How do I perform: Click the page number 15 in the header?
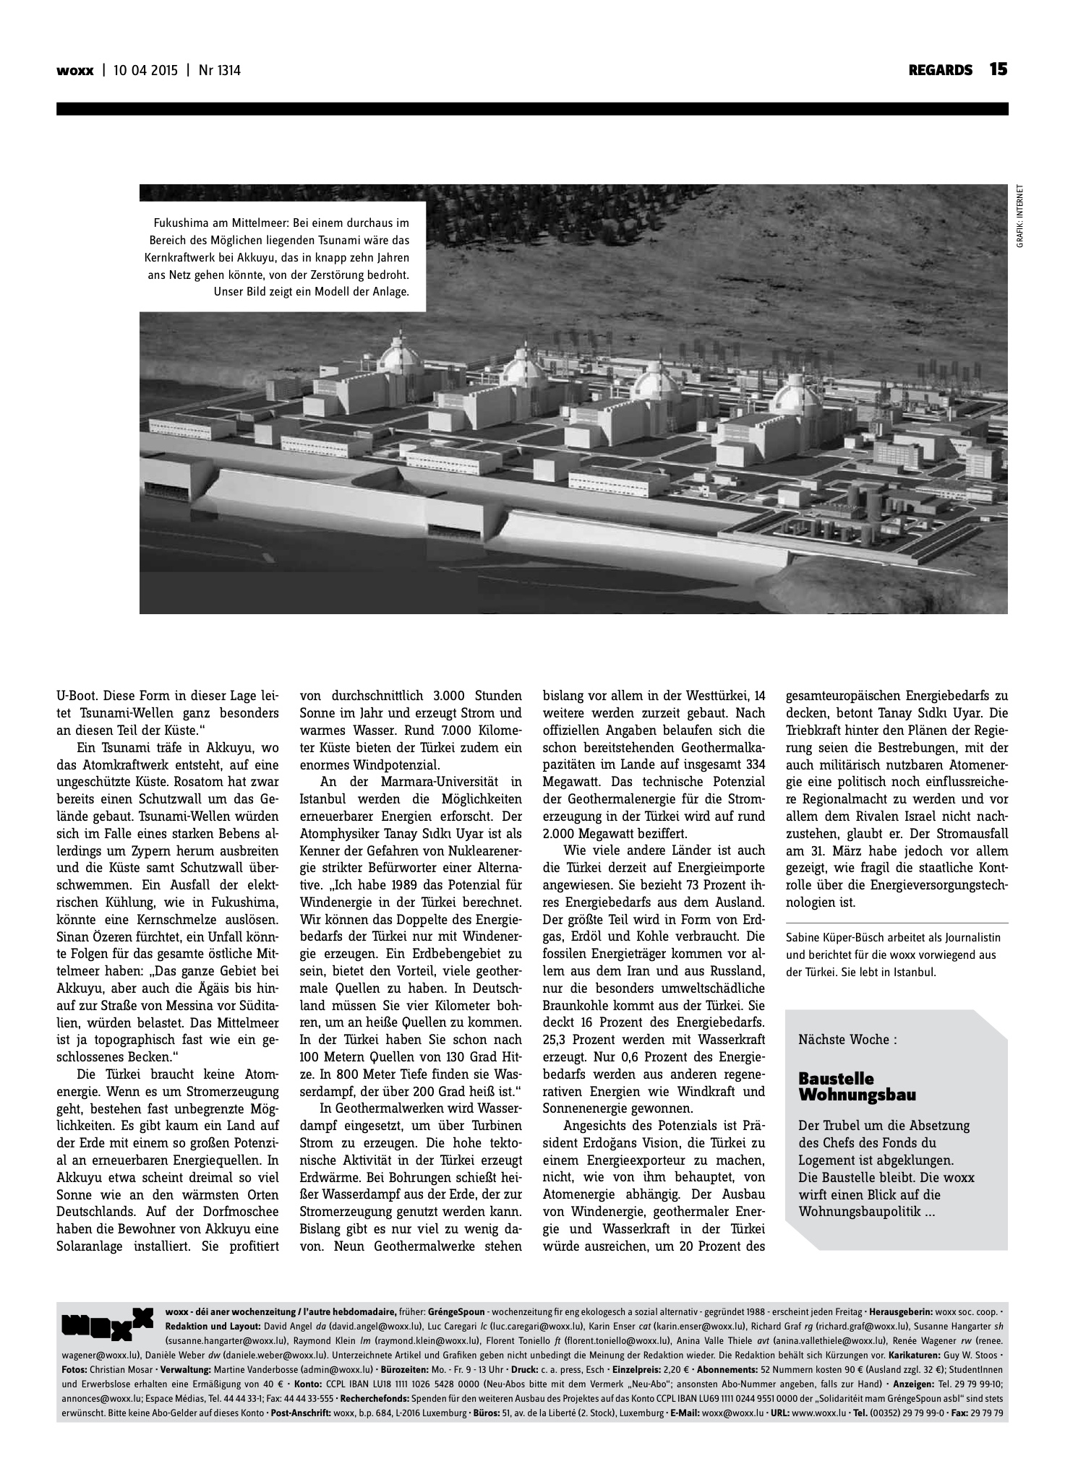pos(998,70)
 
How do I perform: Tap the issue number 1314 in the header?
pos(225,71)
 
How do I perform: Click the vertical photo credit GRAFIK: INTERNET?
pos(1019,217)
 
